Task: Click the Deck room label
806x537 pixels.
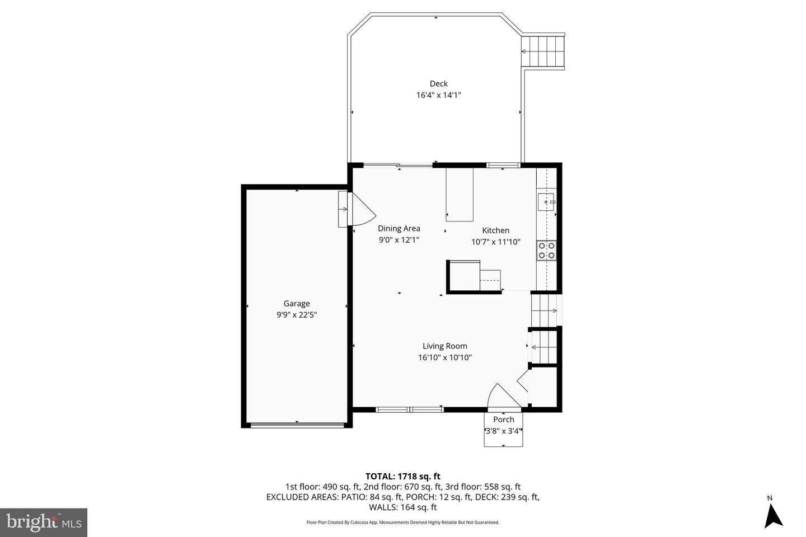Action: (x=438, y=84)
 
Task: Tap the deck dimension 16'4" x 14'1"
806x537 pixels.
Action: (x=438, y=95)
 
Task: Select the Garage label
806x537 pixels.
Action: (x=296, y=304)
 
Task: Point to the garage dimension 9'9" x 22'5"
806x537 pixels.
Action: (x=296, y=315)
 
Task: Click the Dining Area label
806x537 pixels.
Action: (x=399, y=228)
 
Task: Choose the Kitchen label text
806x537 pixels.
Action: (x=495, y=230)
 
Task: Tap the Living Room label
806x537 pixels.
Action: (x=444, y=346)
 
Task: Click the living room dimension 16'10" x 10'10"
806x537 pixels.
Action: (x=444, y=357)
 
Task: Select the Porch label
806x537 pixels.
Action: (x=503, y=420)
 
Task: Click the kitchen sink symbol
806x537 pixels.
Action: (x=546, y=201)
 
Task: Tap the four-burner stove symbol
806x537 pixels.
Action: (x=546, y=250)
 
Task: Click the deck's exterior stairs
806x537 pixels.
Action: (x=543, y=51)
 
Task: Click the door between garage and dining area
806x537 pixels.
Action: (x=358, y=210)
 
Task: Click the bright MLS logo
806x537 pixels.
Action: (x=44, y=522)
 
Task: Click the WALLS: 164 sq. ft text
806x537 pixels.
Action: (x=402, y=508)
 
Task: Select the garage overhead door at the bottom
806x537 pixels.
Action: (x=297, y=425)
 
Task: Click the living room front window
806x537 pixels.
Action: (x=410, y=410)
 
